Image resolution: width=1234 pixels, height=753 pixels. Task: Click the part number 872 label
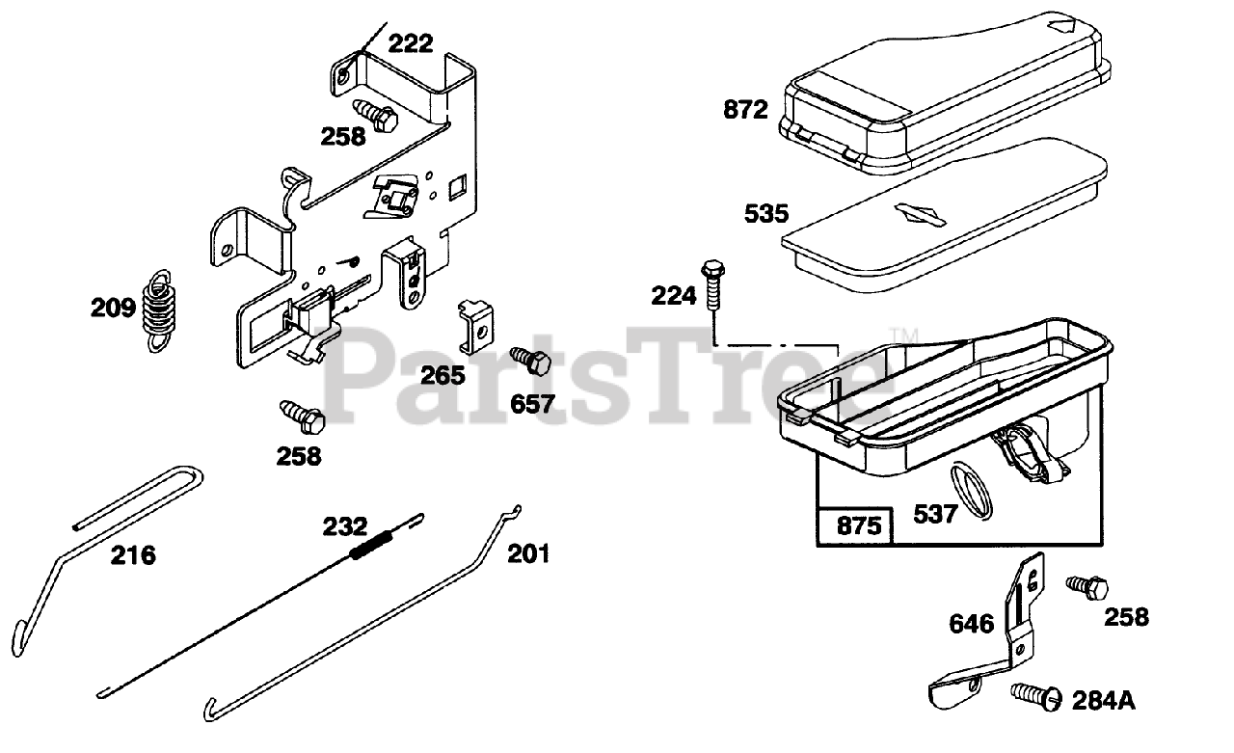tap(745, 110)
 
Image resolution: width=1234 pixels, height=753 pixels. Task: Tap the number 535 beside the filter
tap(766, 213)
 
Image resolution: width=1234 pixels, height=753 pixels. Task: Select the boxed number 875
tap(854, 526)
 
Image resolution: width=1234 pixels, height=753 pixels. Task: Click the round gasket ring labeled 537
tap(972, 489)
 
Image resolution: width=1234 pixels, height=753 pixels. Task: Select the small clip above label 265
tap(473, 324)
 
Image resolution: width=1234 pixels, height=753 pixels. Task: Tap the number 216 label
tap(133, 555)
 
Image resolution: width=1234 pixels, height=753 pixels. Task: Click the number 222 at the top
tap(411, 43)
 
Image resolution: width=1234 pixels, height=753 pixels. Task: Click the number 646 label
tap(971, 624)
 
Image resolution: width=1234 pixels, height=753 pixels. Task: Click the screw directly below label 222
tap(377, 114)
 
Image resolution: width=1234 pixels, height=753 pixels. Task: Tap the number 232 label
tap(345, 526)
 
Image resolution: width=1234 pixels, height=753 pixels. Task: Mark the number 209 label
tap(113, 309)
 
